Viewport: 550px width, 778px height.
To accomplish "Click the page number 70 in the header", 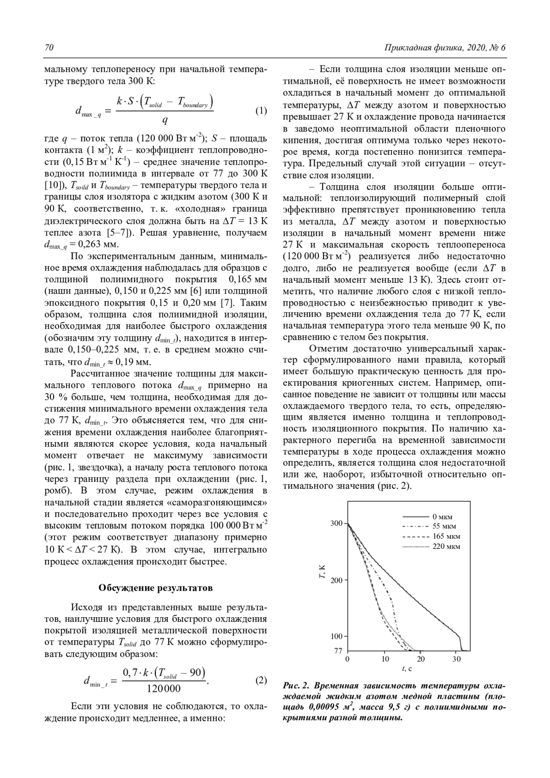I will click(49, 48).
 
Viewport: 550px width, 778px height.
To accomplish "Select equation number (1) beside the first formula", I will click(260, 111).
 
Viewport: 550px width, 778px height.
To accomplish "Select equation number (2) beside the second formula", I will click(260, 680).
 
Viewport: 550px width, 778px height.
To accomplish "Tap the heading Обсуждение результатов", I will click(156, 587).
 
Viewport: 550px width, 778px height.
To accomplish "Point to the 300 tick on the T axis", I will click(336, 523).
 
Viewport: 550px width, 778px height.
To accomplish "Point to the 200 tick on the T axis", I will click(336, 580).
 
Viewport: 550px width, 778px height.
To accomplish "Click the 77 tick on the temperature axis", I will click(338, 651).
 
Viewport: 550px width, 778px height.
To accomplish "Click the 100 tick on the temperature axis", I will click(336, 636).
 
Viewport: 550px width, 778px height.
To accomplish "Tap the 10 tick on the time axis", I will click(385, 659).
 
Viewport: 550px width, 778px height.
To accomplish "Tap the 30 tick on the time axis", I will click(456, 659).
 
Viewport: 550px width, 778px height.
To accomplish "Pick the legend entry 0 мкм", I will click(442, 517).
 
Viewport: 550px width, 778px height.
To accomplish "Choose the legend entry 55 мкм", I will click(444, 526).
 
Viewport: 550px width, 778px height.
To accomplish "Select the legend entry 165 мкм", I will click(445, 537).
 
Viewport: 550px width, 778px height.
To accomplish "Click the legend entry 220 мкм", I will click(445, 546).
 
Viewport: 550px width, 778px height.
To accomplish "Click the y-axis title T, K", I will click(322, 573).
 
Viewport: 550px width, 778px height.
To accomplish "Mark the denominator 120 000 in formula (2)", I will click(164, 689).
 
